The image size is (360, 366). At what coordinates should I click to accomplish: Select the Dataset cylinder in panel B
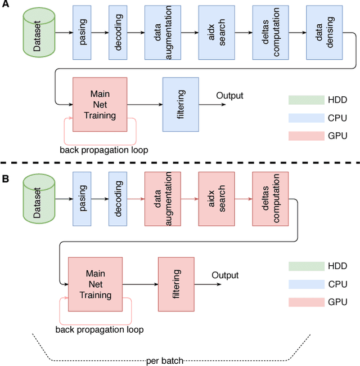coord(38,199)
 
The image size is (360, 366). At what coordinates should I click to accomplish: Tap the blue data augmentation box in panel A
coord(163,32)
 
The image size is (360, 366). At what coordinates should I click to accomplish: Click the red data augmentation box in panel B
coord(163,199)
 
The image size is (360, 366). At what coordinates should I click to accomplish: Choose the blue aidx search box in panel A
coord(217,32)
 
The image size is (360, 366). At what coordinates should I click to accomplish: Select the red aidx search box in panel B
coord(217,199)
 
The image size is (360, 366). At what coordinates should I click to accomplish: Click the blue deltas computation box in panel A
coord(271,32)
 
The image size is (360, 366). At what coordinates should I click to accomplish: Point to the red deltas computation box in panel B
coord(271,199)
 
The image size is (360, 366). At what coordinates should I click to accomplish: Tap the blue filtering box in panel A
coord(181,106)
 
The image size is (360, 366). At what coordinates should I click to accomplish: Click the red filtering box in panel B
coord(176,284)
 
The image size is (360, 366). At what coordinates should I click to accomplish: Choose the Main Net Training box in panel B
coord(95,284)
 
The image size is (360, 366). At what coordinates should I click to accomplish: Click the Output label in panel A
coord(229,96)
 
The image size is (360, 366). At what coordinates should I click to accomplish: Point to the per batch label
coord(164,360)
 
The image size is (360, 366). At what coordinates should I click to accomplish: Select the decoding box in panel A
coord(118,32)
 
